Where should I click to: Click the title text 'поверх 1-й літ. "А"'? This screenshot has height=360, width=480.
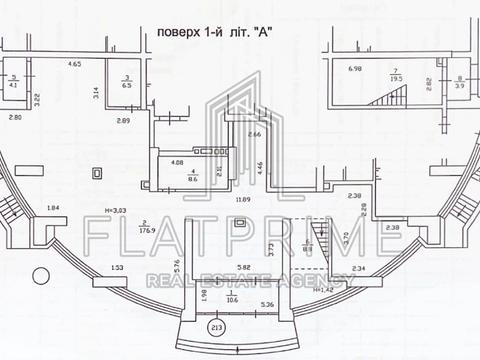point(215,32)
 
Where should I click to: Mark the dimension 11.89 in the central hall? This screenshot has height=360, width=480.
point(242,199)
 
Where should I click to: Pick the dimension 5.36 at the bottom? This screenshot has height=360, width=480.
point(267,304)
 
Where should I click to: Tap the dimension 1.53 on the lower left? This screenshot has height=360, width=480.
point(117,268)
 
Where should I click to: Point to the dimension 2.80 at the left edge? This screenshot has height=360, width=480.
point(14,118)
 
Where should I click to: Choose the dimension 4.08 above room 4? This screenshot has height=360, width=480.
point(176,162)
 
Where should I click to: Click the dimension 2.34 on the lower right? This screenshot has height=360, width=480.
point(359,268)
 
